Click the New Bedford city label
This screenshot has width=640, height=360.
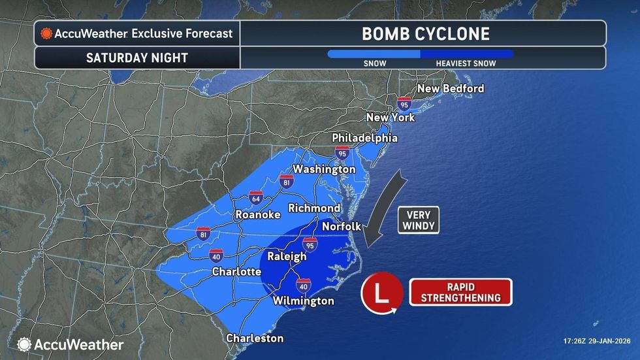(x=451, y=88)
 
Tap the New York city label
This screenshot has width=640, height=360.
(x=391, y=118)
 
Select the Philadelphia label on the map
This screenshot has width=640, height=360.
(x=364, y=138)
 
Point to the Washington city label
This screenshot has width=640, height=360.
(x=324, y=169)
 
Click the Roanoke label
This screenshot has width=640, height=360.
(x=258, y=214)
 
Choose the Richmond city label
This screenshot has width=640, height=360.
(x=314, y=208)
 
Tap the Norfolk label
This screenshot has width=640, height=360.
(x=342, y=226)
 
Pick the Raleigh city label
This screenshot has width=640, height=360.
(x=285, y=256)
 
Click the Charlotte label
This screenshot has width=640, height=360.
(x=236, y=271)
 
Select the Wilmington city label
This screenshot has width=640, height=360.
(x=303, y=301)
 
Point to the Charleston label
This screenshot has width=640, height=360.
(x=255, y=338)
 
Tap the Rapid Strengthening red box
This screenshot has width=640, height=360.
(x=460, y=292)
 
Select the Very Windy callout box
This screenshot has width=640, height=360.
(x=417, y=221)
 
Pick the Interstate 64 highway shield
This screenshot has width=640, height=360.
(x=256, y=198)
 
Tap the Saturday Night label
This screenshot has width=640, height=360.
(x=137, y=57)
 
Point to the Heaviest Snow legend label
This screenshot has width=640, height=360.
(x=466, y=63)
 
